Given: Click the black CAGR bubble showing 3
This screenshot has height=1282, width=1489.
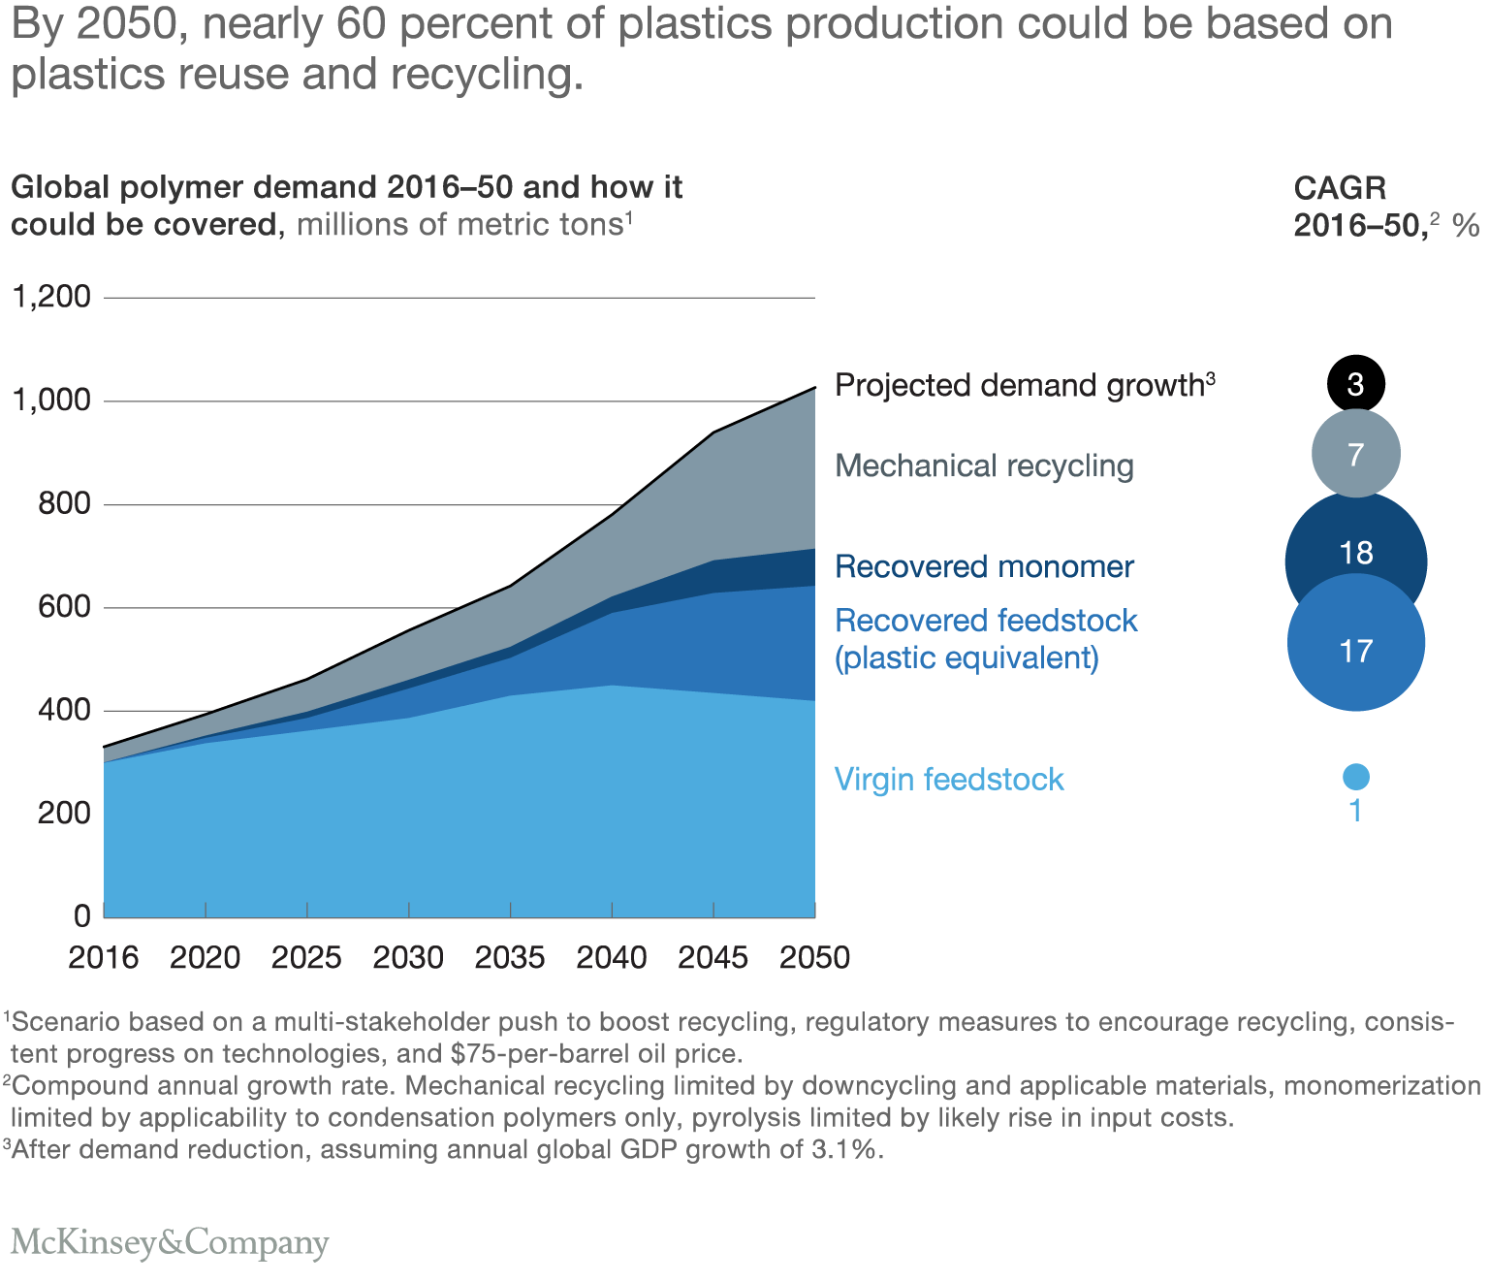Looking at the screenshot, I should click(x=1355, y=383).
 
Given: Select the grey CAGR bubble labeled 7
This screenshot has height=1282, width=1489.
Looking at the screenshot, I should click(x=1355, y=453).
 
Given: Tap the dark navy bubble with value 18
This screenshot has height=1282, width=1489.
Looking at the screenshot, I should click(x=1355, y=543).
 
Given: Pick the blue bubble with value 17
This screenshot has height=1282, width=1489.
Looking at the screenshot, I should click(x=1355, y=650).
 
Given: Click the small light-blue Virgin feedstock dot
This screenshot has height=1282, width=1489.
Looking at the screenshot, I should click(x=1355, y=777).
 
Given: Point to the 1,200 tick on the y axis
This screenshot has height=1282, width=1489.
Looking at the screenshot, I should click(x=50, y=297).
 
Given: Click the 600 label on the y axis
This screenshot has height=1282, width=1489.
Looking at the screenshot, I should click(x=64, y=607).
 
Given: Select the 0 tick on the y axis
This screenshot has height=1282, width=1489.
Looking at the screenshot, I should click(x=81, y=915).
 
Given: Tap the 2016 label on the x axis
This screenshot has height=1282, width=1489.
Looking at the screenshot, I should click(x=103, y=958).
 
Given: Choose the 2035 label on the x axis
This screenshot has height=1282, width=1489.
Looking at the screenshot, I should click(x=510, y=958).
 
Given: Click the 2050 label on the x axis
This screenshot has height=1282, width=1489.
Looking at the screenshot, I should click(x=814, y=958).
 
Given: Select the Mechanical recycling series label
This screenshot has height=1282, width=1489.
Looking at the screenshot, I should click(x=984, y=466).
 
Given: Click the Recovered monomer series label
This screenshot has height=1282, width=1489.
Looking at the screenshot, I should click(x=984, y=567).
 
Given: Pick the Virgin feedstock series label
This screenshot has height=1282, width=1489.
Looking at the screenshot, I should click(x=949, y=780).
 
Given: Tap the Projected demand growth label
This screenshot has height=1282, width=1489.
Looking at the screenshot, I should click(x=1024, y=386).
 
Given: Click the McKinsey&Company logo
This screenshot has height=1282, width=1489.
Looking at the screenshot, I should click(x=170, y=1242).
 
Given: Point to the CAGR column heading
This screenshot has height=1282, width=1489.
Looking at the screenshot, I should click(x=1340, y=188).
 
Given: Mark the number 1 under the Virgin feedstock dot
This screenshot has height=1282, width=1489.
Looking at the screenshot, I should click(x=1355, y=811).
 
